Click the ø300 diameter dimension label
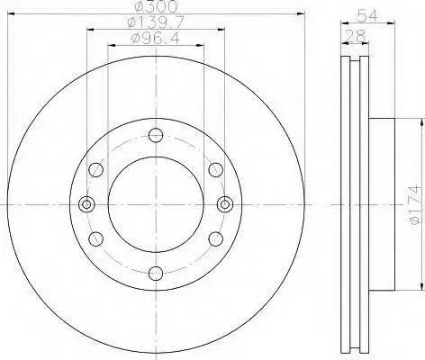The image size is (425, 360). coord(156,6)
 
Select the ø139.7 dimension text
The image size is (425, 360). coord(156,22)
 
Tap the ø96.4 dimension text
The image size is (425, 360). coord(156,39)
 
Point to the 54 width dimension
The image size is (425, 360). coord(367,15)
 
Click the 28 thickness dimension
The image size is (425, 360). coord(355,36)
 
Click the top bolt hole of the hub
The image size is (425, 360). coord(156,135)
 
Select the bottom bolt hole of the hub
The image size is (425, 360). coord(156,274)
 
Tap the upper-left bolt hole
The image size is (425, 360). coord(96,170)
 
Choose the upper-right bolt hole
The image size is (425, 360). coord(216,170)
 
